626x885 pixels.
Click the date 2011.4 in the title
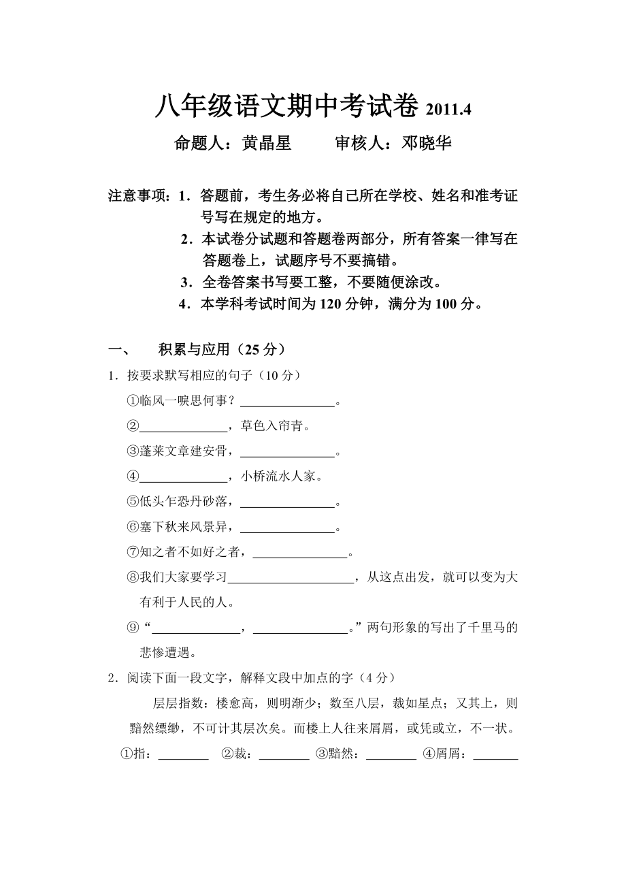448,109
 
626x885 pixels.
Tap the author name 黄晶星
267,144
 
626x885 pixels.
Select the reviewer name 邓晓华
427,144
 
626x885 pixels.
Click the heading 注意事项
138,197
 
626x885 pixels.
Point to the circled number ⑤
133,502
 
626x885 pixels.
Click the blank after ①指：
183,755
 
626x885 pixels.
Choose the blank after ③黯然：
391,755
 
